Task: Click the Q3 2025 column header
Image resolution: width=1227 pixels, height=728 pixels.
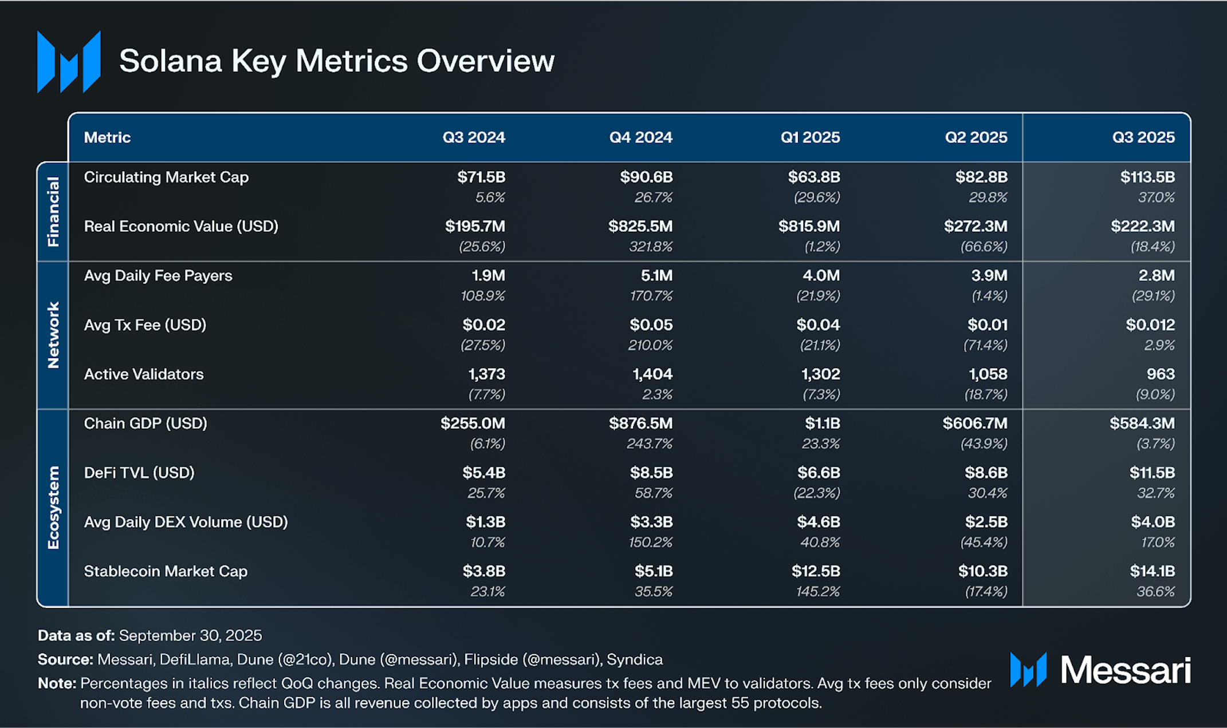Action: pos(1143,137)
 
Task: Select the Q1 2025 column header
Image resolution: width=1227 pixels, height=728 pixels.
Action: pos(810,137)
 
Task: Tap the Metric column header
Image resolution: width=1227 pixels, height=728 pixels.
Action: pos(107,137)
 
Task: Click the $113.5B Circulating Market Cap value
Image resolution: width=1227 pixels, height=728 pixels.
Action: pos(1147,177)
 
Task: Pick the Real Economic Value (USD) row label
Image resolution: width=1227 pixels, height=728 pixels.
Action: pos(181,227)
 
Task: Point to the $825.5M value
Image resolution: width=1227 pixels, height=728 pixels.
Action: pos(640,227)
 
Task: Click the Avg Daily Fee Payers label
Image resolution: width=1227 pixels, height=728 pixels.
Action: pos(158,276)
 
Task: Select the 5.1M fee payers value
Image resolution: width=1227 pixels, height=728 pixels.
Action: pos(656,276)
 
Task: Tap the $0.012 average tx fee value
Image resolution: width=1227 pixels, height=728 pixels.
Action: pos(1150,325)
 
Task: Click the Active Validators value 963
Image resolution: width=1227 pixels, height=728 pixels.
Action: pos(1161,374)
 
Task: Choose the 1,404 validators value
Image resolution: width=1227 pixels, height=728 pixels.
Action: pos(652,374)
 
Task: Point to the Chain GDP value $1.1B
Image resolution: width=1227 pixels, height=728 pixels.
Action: pos(823,424)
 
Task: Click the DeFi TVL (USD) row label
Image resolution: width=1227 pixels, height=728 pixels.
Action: pos(139,473)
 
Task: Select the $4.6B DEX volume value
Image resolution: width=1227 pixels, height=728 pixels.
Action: pos(819,522)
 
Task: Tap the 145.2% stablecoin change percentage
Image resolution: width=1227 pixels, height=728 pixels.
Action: pos(818,592)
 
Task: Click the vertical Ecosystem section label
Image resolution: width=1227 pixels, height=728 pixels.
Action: pos(53,508)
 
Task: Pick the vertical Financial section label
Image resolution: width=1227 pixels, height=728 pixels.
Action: pos(53,212)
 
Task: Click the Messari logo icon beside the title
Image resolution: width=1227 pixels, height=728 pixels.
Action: pos(69,62)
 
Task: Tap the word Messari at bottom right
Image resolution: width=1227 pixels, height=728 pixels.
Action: pos(1126,670)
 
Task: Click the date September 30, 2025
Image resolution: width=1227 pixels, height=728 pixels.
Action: pos(190,636)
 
